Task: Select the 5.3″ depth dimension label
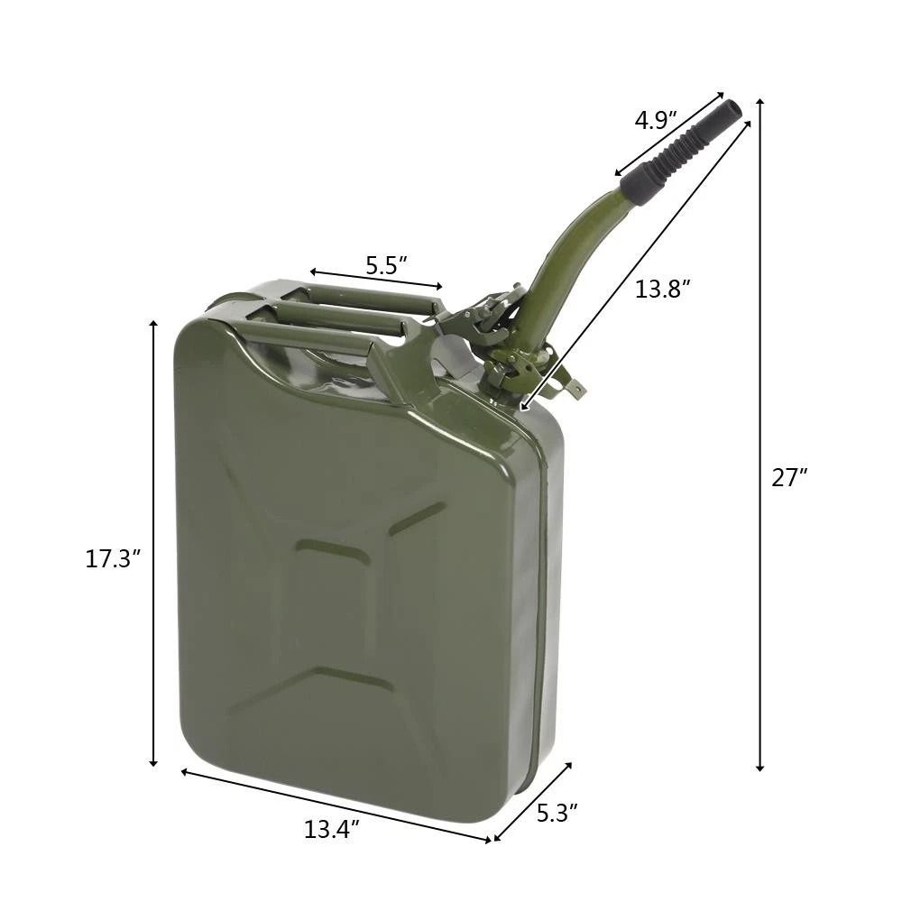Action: (x=557, y=813)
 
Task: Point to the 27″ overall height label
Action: (x=789, y=478)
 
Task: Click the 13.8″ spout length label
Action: (x=663, y=290)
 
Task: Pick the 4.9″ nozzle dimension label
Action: (x=656, y=120)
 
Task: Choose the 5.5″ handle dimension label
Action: (x=386, y=265)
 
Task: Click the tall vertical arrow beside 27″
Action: (x=760, y=433)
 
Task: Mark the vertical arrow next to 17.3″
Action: (x=154, y=541)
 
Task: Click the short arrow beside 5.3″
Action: (x=532, y=802)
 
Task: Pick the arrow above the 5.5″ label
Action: (x=376, y=279)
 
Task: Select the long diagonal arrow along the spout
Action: (x=635, y=266)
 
